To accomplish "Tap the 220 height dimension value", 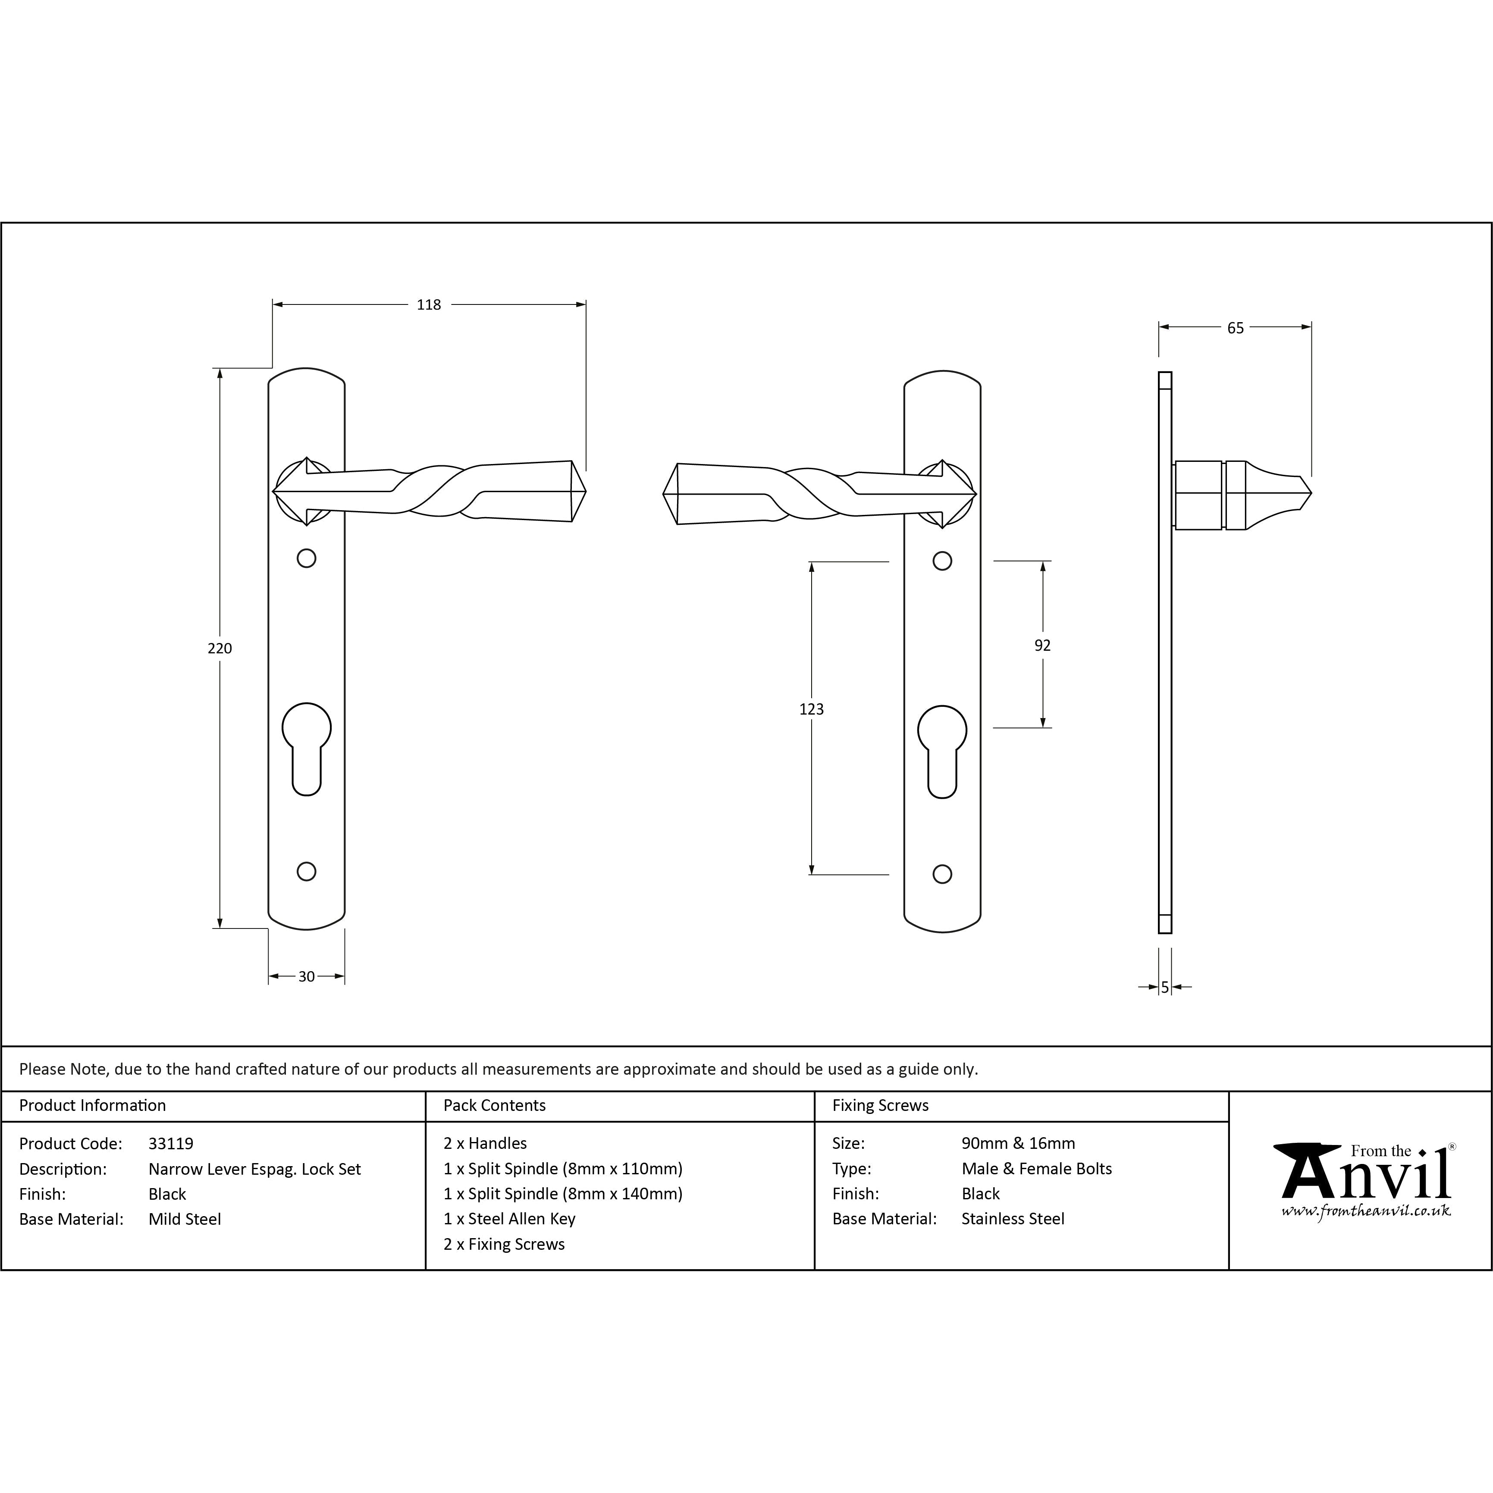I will [220, 648].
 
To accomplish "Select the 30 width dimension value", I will [306, 977].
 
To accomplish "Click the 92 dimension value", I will [1042, 645].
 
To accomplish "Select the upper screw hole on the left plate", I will [307, 558].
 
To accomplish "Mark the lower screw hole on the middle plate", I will [942, 874].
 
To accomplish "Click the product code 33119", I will [171, 1144].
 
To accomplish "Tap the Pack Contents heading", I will [495, 1106].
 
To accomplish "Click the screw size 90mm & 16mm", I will [1018, 1144].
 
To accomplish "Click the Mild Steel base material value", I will [185, 1220].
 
